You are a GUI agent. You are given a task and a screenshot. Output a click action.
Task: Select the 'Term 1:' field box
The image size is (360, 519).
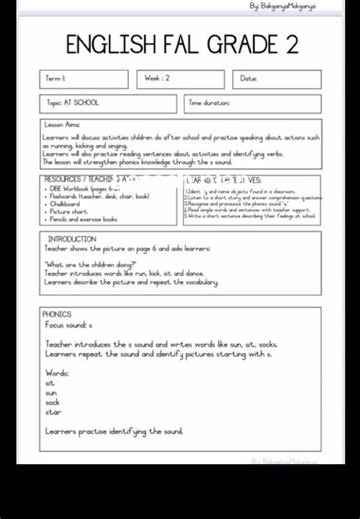84,79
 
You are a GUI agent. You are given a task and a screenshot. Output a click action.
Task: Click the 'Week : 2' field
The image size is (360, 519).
180,79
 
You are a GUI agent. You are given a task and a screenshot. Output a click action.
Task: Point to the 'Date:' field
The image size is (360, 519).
276,79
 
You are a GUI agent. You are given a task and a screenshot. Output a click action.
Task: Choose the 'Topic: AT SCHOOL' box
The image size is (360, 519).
108,103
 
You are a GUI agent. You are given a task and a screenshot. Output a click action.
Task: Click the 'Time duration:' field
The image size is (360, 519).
252,103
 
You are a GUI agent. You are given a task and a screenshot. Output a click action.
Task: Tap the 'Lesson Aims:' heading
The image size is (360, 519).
62,125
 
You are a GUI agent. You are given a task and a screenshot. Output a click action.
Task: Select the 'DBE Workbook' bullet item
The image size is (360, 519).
85,188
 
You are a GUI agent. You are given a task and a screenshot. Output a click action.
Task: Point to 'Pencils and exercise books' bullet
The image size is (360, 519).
84,220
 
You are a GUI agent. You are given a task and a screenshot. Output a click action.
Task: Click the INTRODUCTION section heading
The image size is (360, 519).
72,240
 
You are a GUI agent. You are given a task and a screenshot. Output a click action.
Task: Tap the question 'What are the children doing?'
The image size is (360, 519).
90,264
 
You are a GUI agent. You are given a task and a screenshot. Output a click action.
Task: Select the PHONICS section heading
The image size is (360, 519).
58,314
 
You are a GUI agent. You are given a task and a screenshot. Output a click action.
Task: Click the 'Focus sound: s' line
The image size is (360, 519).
68,325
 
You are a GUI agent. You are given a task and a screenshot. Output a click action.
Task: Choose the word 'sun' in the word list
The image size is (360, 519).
51,392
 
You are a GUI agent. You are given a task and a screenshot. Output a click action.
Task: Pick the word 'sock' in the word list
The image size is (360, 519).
52,402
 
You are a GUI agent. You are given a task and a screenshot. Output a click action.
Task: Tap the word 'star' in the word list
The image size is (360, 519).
52,411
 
